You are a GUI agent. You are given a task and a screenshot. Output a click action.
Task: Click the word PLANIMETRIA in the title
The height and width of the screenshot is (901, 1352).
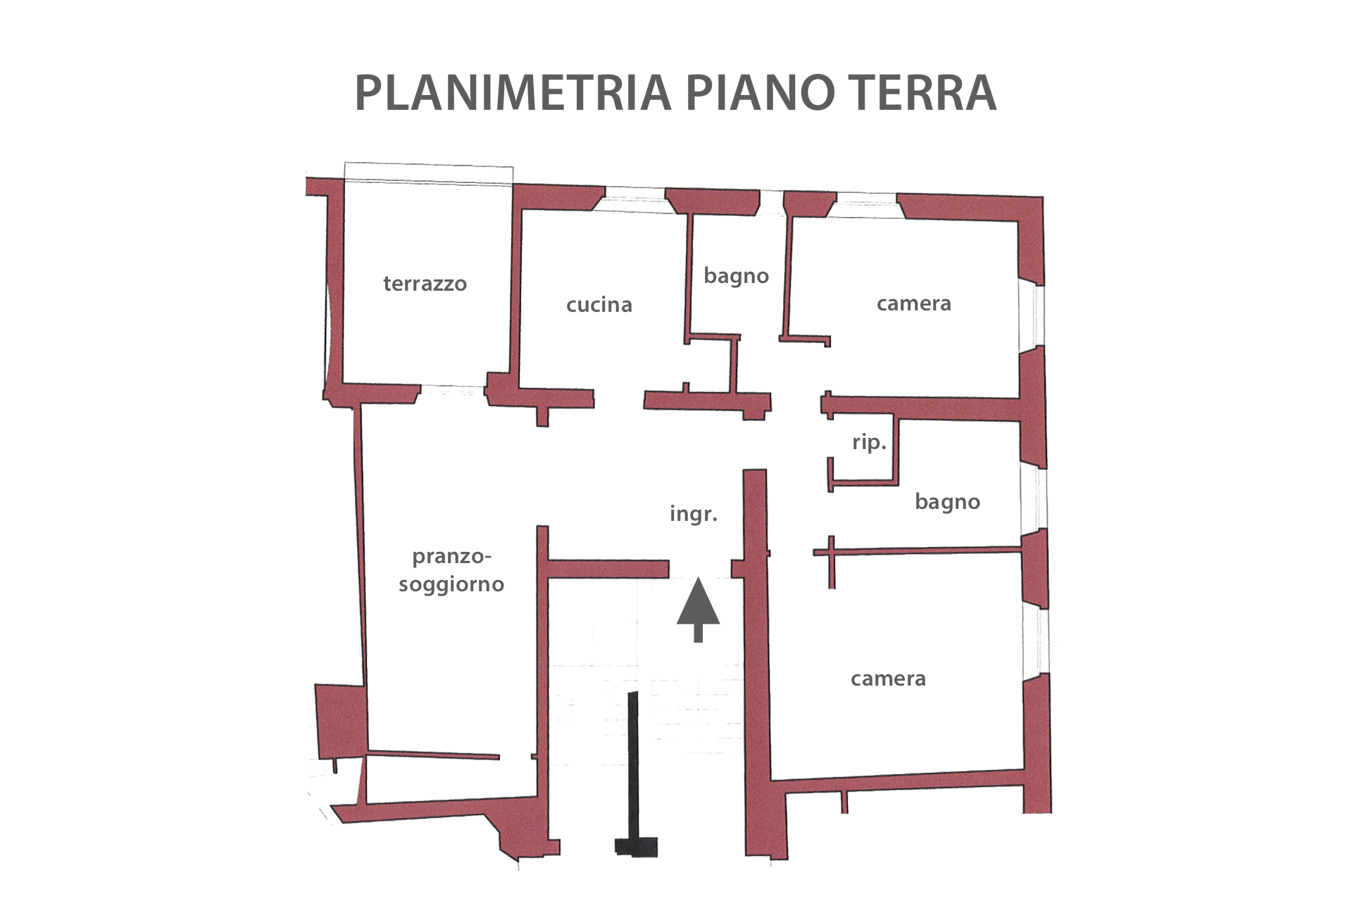(x=513, y=92)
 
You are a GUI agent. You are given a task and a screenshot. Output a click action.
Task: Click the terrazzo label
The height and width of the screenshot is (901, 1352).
(x=425, y=284)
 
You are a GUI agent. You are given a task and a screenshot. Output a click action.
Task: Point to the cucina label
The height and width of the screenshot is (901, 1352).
(x=599, y=305)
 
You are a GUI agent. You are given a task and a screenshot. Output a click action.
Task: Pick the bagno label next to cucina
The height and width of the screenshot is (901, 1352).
(x=736, y=276)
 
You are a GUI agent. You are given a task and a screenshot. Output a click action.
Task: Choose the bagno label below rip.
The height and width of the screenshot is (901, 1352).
(x=947, y=502)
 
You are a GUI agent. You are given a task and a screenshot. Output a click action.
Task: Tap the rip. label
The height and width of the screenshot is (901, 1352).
(x=869, y=442)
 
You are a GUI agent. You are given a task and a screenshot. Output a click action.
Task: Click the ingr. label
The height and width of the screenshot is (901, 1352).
(x=694, y=515)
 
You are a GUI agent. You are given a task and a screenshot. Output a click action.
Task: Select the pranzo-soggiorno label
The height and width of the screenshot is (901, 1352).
(x=451, y=571)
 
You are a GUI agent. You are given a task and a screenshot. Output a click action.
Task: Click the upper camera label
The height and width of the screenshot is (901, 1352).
(x=913, y=304)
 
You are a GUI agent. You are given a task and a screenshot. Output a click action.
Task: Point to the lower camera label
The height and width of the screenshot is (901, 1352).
(x=888, y=679)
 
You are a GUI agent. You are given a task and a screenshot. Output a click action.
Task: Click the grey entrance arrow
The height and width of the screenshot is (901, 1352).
(x=698, y=610)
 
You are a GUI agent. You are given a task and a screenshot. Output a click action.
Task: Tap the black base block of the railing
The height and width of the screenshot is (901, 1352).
(x=636, y=847)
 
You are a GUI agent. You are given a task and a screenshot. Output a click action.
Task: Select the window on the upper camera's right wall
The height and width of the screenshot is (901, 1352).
(x=1032, y=317)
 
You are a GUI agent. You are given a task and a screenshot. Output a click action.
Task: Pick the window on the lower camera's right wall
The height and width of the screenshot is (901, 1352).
(x=1035, y=641)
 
